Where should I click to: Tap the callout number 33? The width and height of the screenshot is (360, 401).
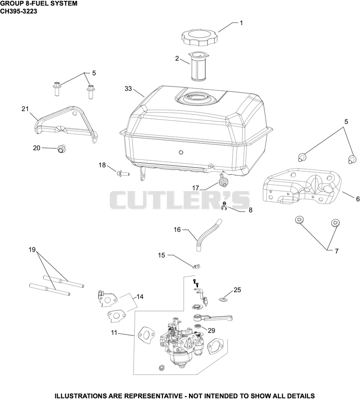tap(128, 89)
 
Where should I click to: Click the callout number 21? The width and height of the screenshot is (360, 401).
tap(25, 109)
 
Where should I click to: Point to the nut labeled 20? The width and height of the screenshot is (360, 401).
tap(61, 149)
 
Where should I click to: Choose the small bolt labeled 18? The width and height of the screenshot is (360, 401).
tap(123, 174)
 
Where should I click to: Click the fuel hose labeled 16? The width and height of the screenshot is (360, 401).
tap(207, 235)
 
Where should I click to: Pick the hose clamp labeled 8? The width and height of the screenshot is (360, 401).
tap(225, 206)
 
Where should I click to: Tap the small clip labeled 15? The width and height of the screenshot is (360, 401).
tap(196, 267)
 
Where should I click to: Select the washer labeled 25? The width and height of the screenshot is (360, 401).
tap(224, 299)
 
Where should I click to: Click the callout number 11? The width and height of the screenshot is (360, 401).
tap(114, 333)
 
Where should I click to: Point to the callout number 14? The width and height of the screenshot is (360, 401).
tap(140, 297)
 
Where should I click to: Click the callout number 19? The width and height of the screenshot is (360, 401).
tap(32, 250)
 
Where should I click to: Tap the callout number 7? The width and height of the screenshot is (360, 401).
tap(337, 251)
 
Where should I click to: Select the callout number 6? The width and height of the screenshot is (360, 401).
tap(358, 199)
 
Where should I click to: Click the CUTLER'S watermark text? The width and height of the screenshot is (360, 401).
tap(180, 200)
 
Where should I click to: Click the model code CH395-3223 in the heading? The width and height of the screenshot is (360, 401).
tap(19, 11)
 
